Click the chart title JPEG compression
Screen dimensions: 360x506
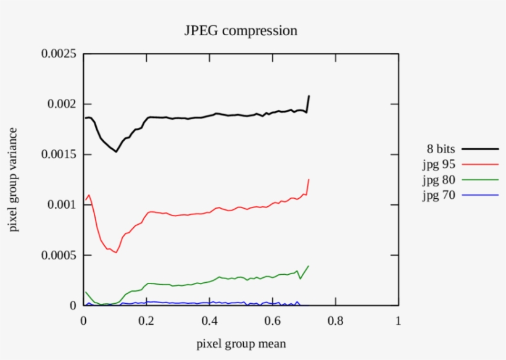pos(241,30)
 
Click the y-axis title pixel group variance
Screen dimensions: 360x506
pos(13,180)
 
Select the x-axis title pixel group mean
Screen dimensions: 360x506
pos(241,343)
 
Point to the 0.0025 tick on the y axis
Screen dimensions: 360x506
pos(59,54)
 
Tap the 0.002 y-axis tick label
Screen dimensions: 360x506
pos(62,104)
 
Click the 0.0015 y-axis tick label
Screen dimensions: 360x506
pos(59,154)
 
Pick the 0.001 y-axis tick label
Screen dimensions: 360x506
pos(62,204)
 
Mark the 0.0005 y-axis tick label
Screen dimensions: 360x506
pos(59,255)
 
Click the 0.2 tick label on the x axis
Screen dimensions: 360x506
pos(146,321)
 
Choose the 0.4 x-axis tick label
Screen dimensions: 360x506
pos(209,321)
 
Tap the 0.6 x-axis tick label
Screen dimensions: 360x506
pos(272,321)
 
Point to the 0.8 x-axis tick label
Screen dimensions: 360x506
pos(335,321)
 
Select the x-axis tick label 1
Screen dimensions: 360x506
pos(398,321)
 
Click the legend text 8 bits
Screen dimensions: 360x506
pos(440,149)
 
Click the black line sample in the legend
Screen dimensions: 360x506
pos(480,149)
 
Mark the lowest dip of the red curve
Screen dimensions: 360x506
pos(115,253)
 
